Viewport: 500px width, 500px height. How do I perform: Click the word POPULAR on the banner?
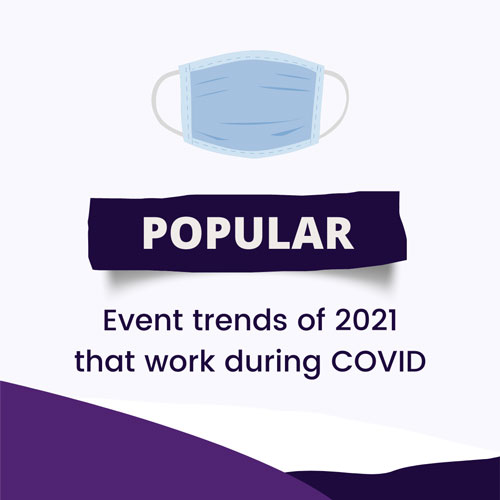[x=248, y=233]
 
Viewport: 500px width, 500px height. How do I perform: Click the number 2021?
[x=366, y=320]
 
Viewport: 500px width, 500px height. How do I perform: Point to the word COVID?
[x=378, y=361]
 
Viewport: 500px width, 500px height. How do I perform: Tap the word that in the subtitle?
[x=108, y=361]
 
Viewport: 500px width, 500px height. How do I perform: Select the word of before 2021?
[x=311, y=320]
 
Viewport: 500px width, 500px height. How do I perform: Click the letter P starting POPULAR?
[x=154, y=234]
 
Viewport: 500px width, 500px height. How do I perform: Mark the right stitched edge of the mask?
[x=318, y=103]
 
